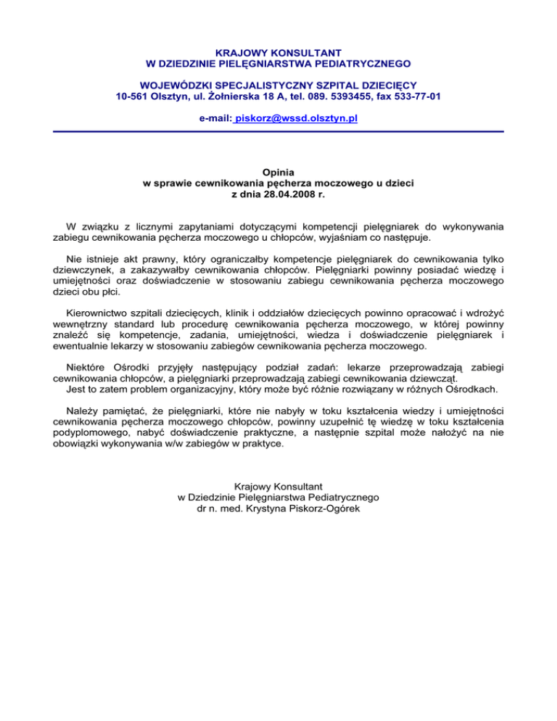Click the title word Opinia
pos(278,172)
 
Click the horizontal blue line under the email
pos(278,131)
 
